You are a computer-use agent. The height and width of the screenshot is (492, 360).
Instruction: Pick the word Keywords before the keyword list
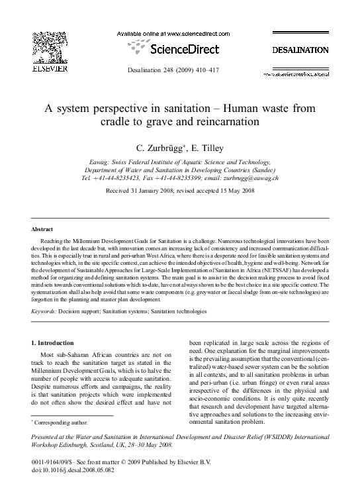tap(45, 311)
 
